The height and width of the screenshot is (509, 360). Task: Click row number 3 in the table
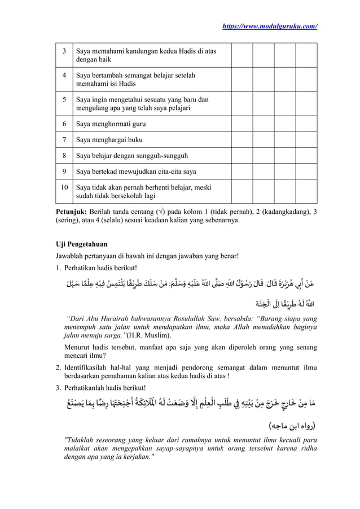64,51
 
